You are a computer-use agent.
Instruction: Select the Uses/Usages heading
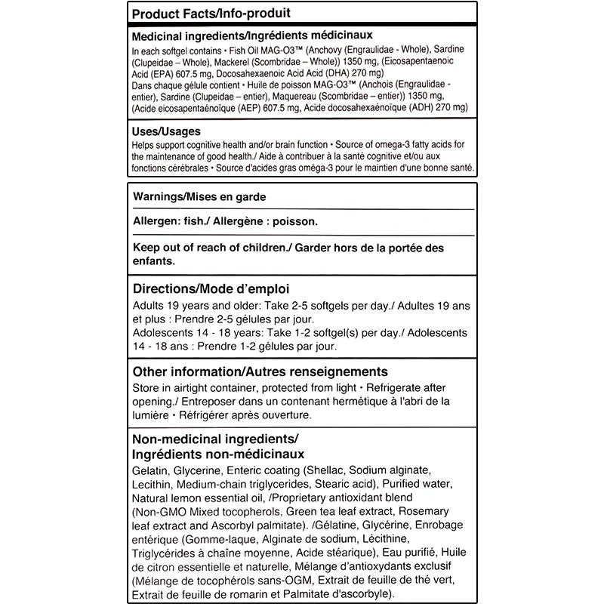pyautogui.click(x=166, y=131)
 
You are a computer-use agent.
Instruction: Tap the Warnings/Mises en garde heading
pyautogui.click(x=200, y=196)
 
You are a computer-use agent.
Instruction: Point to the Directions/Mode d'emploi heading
pyautogui.click(x=211, y=289)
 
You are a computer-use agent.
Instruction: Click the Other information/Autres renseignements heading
pyautogui.click(x=260, y=371)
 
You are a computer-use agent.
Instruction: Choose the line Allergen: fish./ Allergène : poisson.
pyautogui.click(x=225, y=222)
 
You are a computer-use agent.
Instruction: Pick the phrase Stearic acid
pyautogui.click(x=345, y=484)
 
